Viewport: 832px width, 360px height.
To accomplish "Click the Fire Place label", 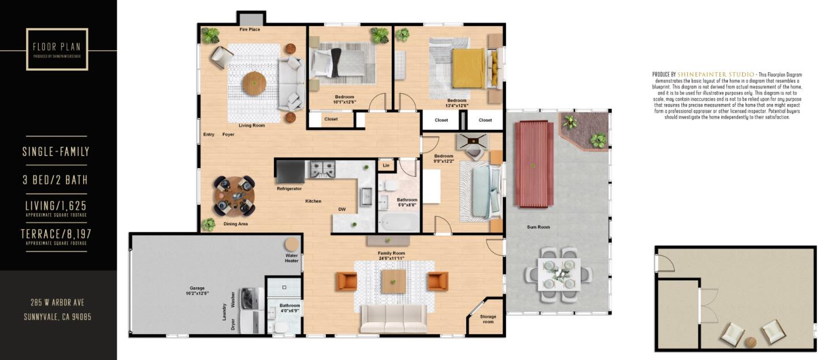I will click(250, 29).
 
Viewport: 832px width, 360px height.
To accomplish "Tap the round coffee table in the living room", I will click(254, 84).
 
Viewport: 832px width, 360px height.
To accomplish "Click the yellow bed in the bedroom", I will click(468, 68).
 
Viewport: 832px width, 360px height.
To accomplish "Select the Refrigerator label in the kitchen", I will click(289, 189).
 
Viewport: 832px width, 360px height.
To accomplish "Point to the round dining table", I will click(234, 195).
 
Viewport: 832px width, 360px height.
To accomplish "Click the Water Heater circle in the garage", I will click(292, 244).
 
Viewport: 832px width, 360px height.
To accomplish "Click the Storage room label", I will click(488, 319).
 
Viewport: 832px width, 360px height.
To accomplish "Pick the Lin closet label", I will click(386, 166).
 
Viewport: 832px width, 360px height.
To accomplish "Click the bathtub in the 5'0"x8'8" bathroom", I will click(398, 222).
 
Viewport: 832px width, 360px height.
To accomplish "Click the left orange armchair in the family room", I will click(347, 281).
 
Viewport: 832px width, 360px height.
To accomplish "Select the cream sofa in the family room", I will click(394, 318).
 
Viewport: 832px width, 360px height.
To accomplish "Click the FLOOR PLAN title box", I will click(57, 49).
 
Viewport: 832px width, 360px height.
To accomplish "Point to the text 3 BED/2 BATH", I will click(55, 180).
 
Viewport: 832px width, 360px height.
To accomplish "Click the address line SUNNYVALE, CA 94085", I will click(57, 317).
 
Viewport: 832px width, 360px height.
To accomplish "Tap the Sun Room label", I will click(538, 227).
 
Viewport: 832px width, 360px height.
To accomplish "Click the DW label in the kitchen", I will click(342, 209).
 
